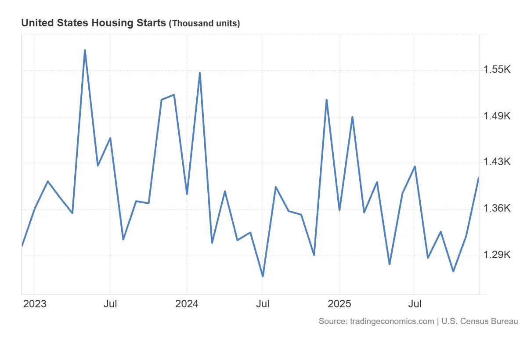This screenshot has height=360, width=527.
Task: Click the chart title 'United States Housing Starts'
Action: pyautogui.click(x=94, y=23)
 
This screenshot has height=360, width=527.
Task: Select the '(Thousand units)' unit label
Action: pyautogui.click(x=204, y=24)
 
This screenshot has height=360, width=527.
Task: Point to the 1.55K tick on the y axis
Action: pyautogui.click(x=497, y=70)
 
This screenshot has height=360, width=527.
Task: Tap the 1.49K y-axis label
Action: pyautogui.click(x=497, y=116)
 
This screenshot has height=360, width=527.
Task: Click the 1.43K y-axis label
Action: pyautogui.click(x=497, y=162)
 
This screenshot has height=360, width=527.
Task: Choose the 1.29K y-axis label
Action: pyautogui.click(x=497, y=255)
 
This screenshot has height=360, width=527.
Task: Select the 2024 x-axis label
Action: pyautogui.click(x=187, y=304)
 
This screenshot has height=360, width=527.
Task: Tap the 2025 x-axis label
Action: pyautogui.click(x=339, y=304)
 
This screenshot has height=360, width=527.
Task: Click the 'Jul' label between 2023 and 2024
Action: pyautogui.click(x=110, y=304)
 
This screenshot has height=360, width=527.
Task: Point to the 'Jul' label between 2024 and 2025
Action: pyautogui.click(x=263, y=304)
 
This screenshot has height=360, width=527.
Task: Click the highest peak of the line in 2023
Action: pyautogui.click(x=85, y=50)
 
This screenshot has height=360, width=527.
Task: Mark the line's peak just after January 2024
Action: pyautogui.click(x=200, y=73)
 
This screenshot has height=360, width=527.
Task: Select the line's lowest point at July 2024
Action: pyautogui.click(x=263, y=276)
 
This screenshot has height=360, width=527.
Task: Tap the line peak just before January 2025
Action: pyautogui.click(x=327, y=100)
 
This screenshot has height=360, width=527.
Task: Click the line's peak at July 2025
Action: pyautogui.click(x=415, y=166)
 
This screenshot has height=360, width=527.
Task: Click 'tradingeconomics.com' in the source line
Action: pyautogui.click(x=392, y=321)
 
